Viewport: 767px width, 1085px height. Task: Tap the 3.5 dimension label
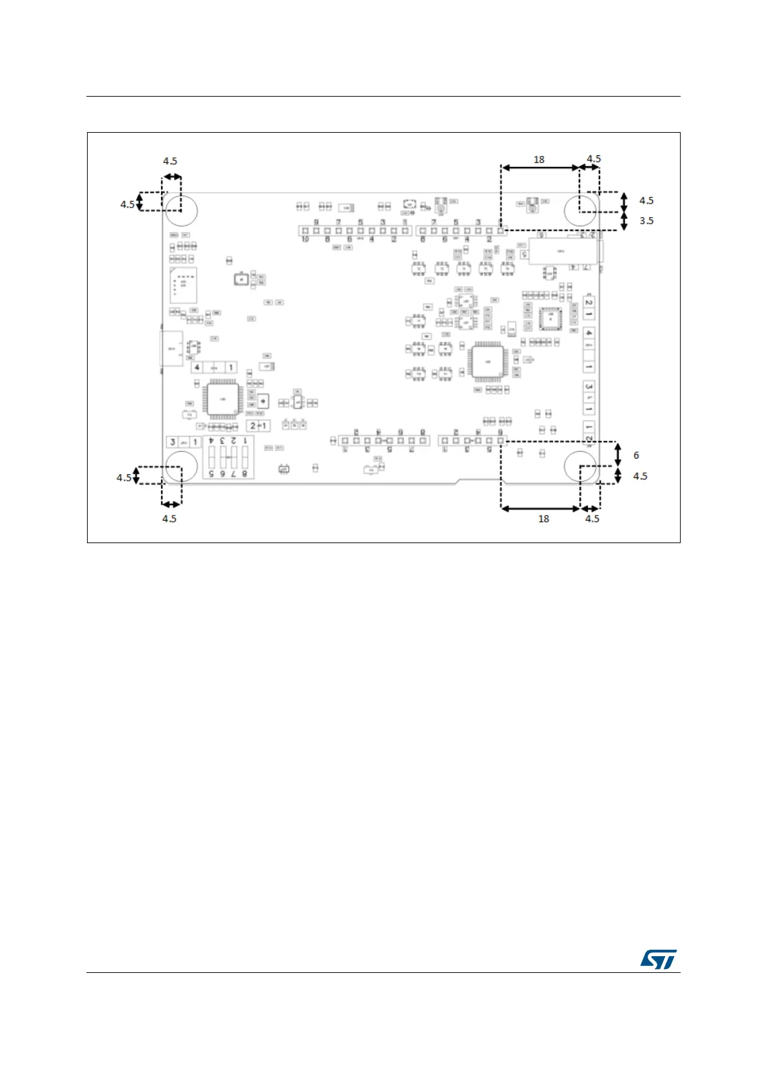tap(646, 221)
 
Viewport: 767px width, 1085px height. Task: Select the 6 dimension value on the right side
tap(636, 456)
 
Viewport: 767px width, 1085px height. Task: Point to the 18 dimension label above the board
tap(539, 159)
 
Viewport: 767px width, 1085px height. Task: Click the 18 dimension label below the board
tap(543, 519)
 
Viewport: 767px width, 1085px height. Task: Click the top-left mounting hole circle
tap(181, 210)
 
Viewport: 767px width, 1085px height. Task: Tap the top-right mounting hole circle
tap(580, 210)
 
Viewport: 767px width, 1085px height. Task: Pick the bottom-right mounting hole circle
tap(580, 466)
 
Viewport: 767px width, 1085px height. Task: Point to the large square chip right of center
tap(487, 361)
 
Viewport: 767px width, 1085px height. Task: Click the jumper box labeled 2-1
tap(258, 426)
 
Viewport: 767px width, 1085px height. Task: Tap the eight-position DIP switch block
tap(228, 457)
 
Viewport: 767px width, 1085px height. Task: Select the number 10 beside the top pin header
tap(305, 239)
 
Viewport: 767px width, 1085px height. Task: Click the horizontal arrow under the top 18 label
tap(540, 168)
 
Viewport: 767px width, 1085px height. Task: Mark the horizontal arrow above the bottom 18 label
tap(540, 508)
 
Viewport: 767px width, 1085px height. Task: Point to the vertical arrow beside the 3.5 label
tap(623, 221)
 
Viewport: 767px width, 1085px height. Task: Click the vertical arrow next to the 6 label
tap(618, 454)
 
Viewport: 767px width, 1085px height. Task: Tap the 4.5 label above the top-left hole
tap(170, 161)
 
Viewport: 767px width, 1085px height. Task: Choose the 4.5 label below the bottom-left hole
tap(169, 519)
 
